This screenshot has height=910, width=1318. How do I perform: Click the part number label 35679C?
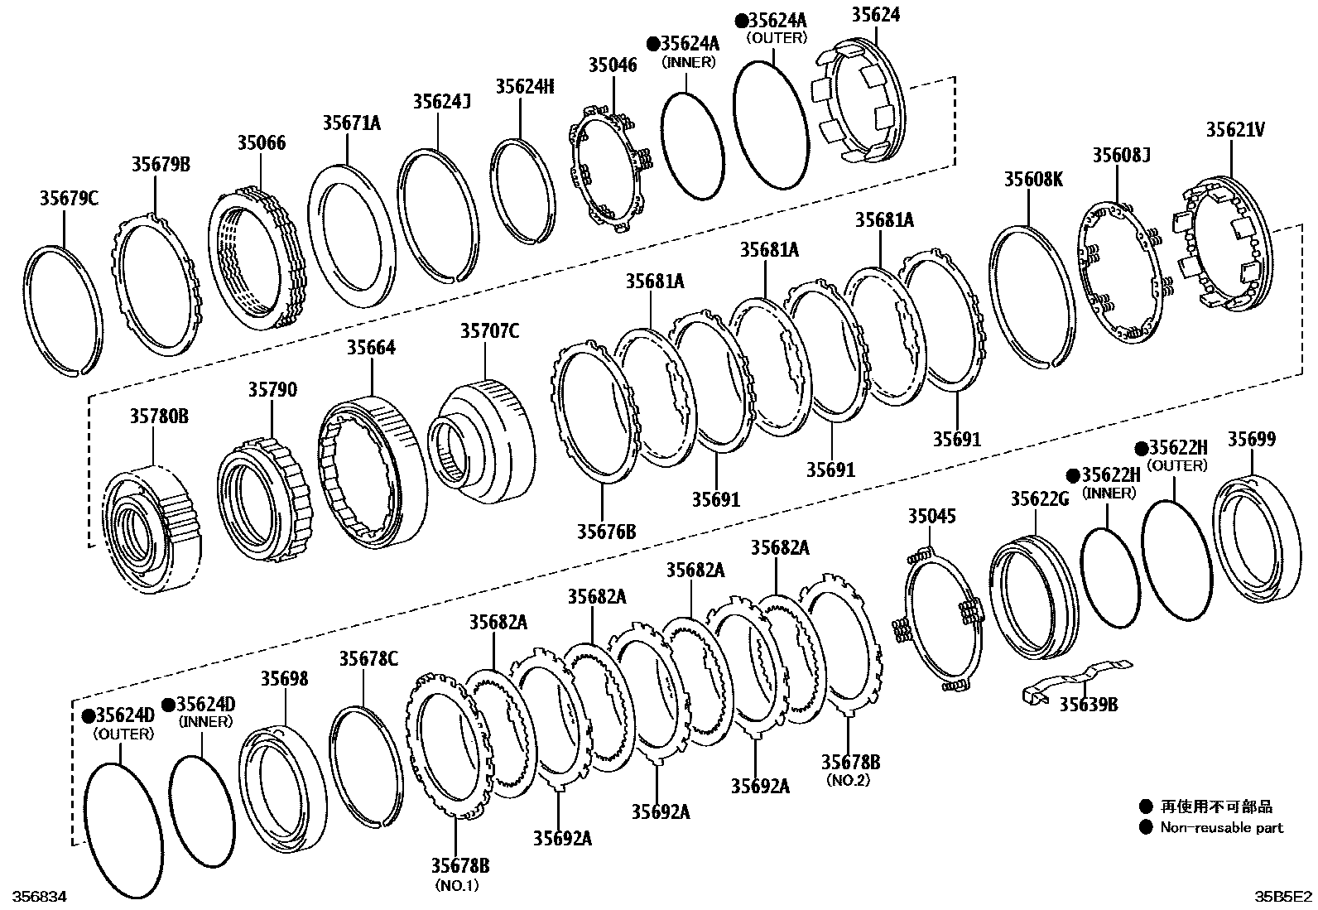[x=69, y=199]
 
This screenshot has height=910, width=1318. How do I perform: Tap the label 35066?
[x=261, y=142]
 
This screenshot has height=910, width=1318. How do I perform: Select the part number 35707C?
[x=489, y=331]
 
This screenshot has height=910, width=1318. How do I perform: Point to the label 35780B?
[x=158, y=416]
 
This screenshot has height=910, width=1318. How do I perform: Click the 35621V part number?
[x=1234, y=129]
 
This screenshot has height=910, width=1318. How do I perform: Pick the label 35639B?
[x=1089, y=704]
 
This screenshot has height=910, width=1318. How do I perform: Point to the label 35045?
[x=931, y=517]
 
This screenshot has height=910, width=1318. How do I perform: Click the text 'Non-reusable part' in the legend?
[x=1221, y=827]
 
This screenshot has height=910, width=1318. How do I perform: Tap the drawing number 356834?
[x=33, y=897]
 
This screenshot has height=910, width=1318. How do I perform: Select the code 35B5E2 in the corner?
[x=1282, y=897]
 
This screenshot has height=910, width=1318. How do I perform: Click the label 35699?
[x=1251, y=439]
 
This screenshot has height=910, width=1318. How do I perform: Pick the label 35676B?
[x=607, y=531]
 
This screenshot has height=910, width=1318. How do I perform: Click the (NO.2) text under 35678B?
[x=848, y=780]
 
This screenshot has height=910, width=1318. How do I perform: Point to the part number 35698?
[x=285, y=679]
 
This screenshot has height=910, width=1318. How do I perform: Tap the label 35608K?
[x=1033, y=179]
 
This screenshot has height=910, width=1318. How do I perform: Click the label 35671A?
[x=351, y=123]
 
